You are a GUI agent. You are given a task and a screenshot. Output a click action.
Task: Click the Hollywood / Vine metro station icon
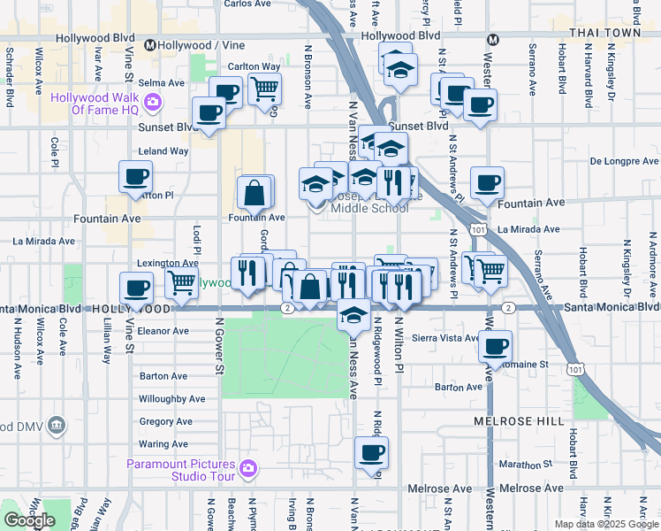150,45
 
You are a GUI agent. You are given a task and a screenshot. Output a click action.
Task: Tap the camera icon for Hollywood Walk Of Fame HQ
153,103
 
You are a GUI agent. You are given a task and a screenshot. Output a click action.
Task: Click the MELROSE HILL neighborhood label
518,422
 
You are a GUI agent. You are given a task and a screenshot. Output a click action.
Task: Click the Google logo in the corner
29,519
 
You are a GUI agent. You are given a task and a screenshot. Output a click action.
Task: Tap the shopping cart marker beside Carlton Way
264,89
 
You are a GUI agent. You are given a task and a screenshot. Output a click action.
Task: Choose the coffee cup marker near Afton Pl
136,178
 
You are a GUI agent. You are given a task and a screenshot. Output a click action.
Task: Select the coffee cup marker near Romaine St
496,346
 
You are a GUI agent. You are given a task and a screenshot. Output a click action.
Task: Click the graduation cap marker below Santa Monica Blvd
353,314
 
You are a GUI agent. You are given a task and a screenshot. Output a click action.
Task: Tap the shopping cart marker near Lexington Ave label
181,284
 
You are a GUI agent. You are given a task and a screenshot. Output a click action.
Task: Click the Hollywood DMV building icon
57,426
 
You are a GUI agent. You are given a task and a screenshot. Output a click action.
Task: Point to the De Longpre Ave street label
624,162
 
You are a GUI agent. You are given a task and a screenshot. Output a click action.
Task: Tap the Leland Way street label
163,151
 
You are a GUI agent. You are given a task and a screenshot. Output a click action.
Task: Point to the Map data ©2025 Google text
606,524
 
